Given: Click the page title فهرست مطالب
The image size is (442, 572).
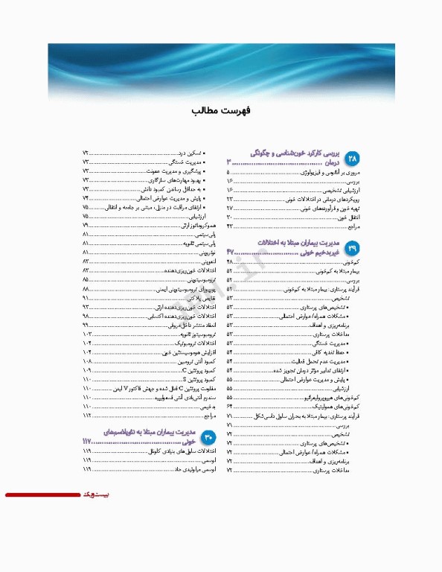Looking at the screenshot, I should tap(220, 110).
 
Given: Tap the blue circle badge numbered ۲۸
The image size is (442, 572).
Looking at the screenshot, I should tap(351, 159).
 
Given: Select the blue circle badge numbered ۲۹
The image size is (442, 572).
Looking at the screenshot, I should tap(351, 247).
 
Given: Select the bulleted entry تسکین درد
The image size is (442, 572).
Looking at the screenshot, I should tap(196, 153).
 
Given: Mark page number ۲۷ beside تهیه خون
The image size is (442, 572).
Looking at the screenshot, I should tap(230, 208).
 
